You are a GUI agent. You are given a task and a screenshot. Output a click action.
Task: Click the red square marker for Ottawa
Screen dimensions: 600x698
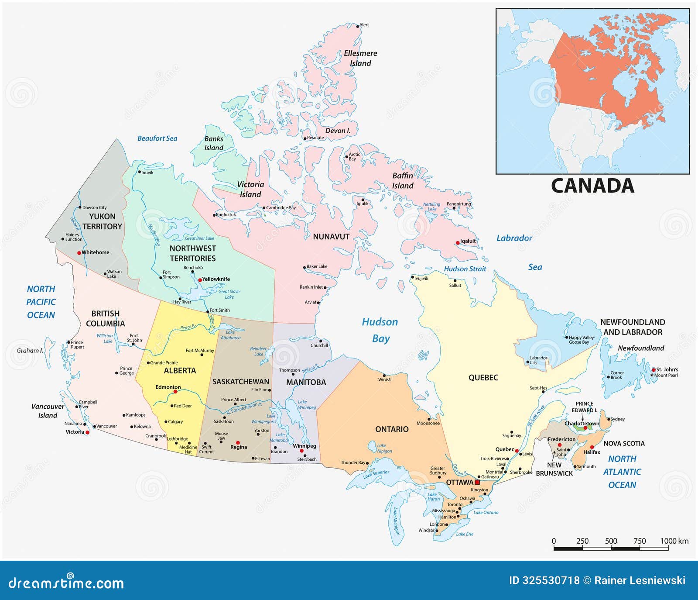(x=477, y=482)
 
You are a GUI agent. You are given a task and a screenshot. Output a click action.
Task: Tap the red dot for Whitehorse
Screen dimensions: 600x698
(x=79, y=253)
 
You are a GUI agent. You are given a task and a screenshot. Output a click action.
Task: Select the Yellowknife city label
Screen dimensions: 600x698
(x=216, y=279)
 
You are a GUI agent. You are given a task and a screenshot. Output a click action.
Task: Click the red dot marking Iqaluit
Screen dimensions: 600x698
(x=458, y=243)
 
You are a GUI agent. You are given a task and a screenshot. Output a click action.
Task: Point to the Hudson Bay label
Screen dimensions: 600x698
(x=380, y=330)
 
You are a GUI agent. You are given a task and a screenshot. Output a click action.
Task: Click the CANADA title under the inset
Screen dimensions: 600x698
(x=592, y=186)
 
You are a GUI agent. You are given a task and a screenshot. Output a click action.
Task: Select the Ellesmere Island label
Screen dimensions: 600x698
(x=360, y=58)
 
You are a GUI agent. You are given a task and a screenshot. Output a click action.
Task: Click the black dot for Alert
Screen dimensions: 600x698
(x=357, y=25)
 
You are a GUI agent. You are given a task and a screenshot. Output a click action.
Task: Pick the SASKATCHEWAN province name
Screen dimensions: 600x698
(x=241, y=382)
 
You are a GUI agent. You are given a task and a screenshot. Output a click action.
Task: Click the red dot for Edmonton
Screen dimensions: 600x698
(x=175, y=392)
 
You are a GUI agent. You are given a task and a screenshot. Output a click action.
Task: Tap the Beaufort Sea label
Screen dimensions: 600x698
(x=157, y=138)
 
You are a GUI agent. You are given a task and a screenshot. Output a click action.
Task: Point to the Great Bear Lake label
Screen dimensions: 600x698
(x=199, y=238)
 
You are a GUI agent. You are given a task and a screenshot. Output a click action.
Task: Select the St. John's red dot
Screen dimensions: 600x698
(x=654, y=370)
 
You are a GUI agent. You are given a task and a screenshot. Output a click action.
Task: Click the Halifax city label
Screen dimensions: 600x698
(x=592, y=452)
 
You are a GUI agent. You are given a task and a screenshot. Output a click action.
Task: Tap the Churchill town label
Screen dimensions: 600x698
(x=319, y=345)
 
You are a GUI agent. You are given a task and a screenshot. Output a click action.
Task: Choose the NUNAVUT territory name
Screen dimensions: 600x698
(x=331, y=237)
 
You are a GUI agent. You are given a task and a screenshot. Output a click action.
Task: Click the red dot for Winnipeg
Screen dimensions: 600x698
(x=301, y=451)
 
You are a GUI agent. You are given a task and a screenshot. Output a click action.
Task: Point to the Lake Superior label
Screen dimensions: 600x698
(x=376, y=474)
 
